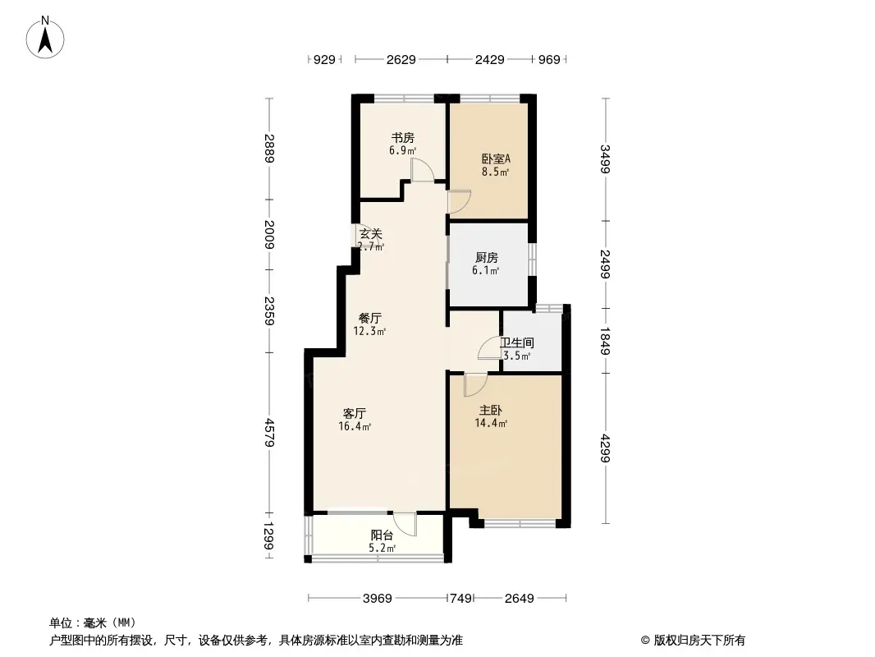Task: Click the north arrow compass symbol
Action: point(47,37)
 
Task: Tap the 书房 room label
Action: point(401,138)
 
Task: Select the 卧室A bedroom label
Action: point(495,159)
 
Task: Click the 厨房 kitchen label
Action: point(487,257)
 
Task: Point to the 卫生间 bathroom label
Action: point(518,342)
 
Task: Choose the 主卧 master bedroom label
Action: point(490,410)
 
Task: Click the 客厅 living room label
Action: point(355,413)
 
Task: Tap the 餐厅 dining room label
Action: point(369,318)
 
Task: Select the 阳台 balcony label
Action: point(382,535)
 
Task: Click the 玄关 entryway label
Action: point(370,233)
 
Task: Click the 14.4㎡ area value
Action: point(491,424)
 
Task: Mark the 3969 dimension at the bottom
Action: point(378,599)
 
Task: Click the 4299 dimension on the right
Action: point(605,448)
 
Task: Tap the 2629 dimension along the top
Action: point(401,60)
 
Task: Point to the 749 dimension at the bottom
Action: point(460,599)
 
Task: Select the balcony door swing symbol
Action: point(404,522)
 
